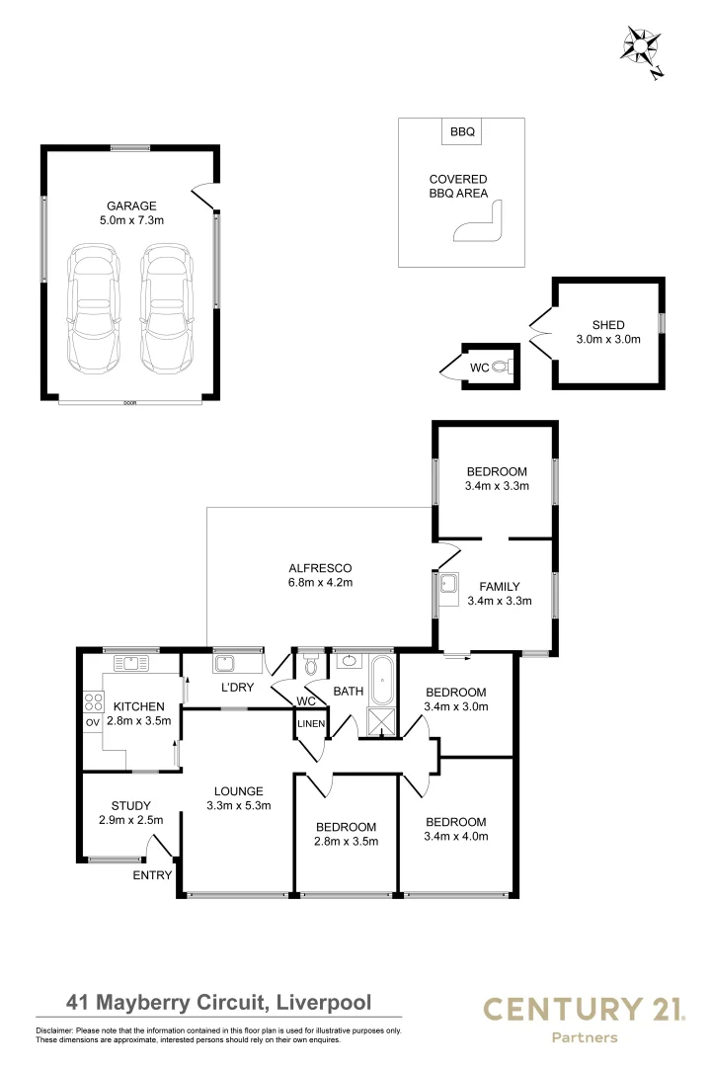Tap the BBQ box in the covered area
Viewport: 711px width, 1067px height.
pos(461,131)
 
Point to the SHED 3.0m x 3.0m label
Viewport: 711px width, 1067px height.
pos(608,332)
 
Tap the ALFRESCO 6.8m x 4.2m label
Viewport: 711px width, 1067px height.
pos(320,575)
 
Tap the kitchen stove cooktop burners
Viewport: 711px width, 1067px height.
pos(96,702)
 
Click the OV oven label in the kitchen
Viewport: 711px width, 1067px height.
pos(93,722)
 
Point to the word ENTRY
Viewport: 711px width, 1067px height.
pos(153,875)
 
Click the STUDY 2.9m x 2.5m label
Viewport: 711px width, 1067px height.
pos(131,812)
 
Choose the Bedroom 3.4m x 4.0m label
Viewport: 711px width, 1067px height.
pos(455,829)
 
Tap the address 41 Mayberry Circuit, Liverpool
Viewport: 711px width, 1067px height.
pos(218,1003)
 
